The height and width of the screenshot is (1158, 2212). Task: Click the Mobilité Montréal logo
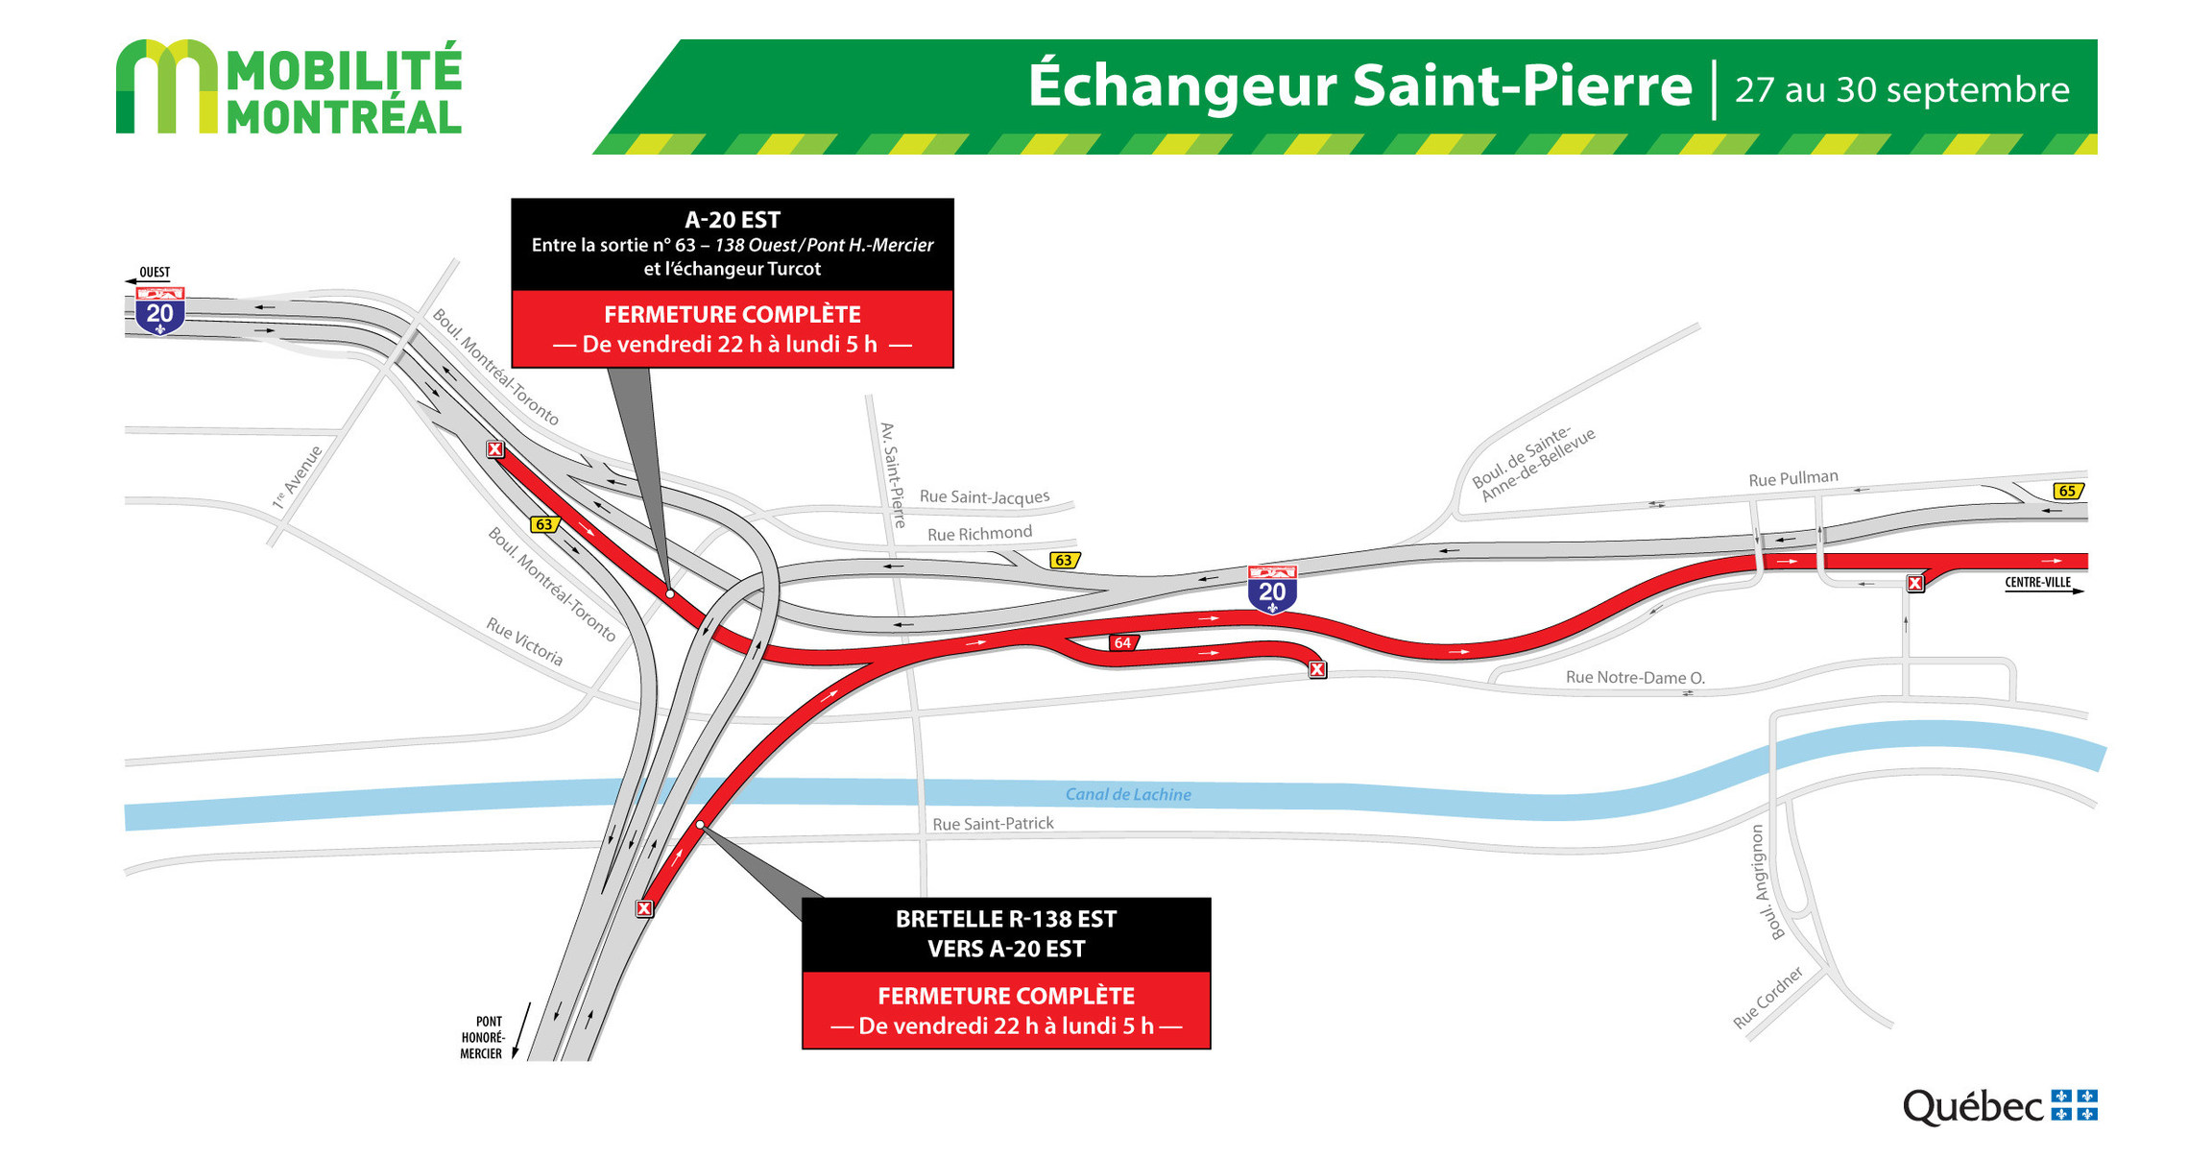click(x=288, y=87)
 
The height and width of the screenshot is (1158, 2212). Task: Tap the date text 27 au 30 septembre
click(x=1901, y=89)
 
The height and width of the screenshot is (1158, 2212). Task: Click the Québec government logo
click(x=1999, y=1106)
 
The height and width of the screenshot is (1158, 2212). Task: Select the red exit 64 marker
click(x=1122, y=642)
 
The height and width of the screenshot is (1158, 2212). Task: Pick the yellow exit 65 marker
click(x=2067, y=491)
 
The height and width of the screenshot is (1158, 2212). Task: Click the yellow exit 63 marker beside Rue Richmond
click(x=1064, y=560)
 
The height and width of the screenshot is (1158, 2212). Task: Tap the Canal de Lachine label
click(x=1128, y=794)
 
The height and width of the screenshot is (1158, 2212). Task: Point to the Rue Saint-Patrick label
click(x=993, y=824)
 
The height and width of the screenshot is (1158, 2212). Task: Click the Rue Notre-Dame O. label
click(x=1635, y=677)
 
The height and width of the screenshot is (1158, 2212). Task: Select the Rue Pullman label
click(x=1792, y=478)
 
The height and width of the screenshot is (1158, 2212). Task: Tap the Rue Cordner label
click(x=1767, y=998)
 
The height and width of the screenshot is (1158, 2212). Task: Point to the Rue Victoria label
click(x=524, y=641)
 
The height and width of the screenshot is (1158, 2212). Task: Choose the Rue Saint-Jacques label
click(x=984, y=496)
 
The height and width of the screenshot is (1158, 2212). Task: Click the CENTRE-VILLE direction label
click(x=2037, y=582)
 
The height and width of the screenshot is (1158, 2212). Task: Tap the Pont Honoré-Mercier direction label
click(x=482, y=1038)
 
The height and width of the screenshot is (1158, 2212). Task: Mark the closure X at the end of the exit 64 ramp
click(x=1318, y=669)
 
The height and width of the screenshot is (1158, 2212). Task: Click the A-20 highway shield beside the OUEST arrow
click(x=159, y=311)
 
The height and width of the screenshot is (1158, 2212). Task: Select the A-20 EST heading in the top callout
click(x=732, y=220)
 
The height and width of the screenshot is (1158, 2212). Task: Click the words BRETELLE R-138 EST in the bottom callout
click(x=1005, y=919)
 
